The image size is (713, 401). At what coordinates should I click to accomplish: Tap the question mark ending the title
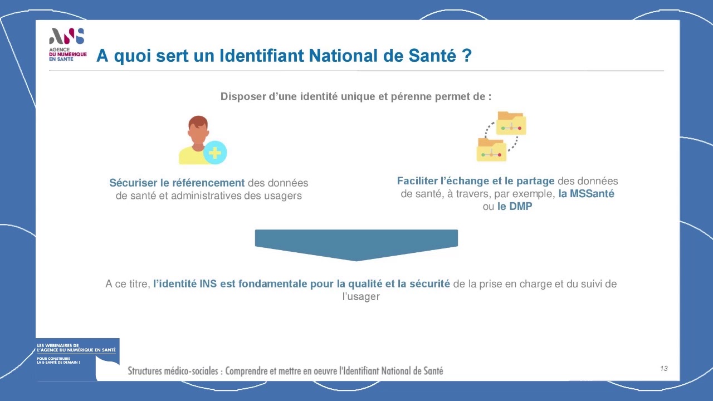[466, 55]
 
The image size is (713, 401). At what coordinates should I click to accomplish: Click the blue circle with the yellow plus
[215, 153]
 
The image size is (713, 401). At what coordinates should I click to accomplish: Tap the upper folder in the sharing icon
[511, 123]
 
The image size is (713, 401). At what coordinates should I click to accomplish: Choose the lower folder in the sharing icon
[491, 150]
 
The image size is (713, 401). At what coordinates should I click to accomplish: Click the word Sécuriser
[133, 183]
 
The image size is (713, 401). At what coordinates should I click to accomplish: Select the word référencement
[208, 183]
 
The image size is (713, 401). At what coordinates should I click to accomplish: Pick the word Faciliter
[417, 181]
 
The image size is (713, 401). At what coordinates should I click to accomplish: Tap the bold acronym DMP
[521, 206]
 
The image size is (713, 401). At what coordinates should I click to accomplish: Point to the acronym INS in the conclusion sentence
[208, 283]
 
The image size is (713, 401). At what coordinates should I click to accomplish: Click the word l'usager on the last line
[361, 297]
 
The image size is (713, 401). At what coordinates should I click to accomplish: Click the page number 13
[663, 368]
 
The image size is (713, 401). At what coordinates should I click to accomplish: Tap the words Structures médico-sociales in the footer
[173, 371]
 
